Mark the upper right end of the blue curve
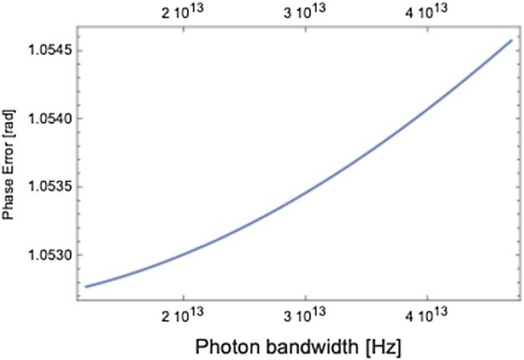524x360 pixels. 511,40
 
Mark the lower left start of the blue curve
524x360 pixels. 86,287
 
